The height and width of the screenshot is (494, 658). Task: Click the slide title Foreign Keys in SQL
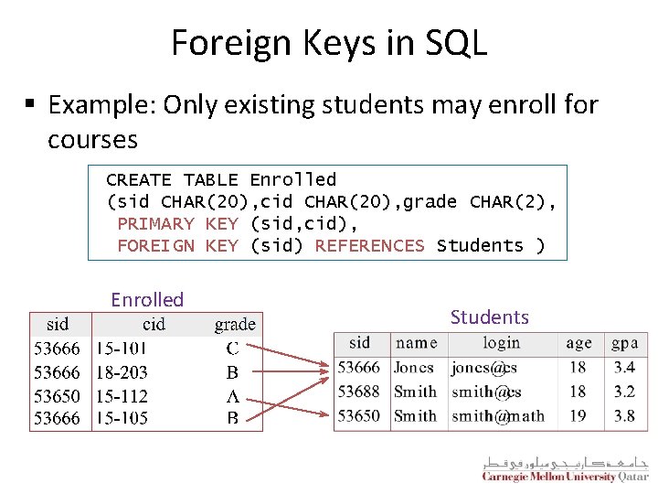point(329,43)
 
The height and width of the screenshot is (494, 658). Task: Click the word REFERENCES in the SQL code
point(369,245)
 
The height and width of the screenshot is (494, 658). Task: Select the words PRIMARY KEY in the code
point(177,223)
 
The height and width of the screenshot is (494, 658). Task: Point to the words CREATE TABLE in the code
point(172,179)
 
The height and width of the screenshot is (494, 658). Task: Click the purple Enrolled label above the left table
point(147,299)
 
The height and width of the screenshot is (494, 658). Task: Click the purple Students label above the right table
point(489,317)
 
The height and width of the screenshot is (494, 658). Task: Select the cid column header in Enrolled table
point(154,324)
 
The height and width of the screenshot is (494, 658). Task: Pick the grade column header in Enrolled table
point(235,324)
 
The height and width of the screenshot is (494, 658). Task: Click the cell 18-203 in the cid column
point(122,372)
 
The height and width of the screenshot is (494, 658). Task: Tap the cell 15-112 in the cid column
point(122,396)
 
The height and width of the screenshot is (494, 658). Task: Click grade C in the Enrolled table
point(233,349)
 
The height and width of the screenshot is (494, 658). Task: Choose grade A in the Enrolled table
point(233,396)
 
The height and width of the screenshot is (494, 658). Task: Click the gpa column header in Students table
point(625,343)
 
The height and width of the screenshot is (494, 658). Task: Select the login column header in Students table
point(501,343)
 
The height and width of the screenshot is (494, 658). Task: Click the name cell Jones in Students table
point(414,368)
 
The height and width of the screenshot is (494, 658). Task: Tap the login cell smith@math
point(497,416)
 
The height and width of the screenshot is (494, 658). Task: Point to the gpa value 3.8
point(624,416)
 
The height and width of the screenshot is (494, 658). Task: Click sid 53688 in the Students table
point(358,392)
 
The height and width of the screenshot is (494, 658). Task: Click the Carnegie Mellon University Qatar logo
point(565,469)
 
